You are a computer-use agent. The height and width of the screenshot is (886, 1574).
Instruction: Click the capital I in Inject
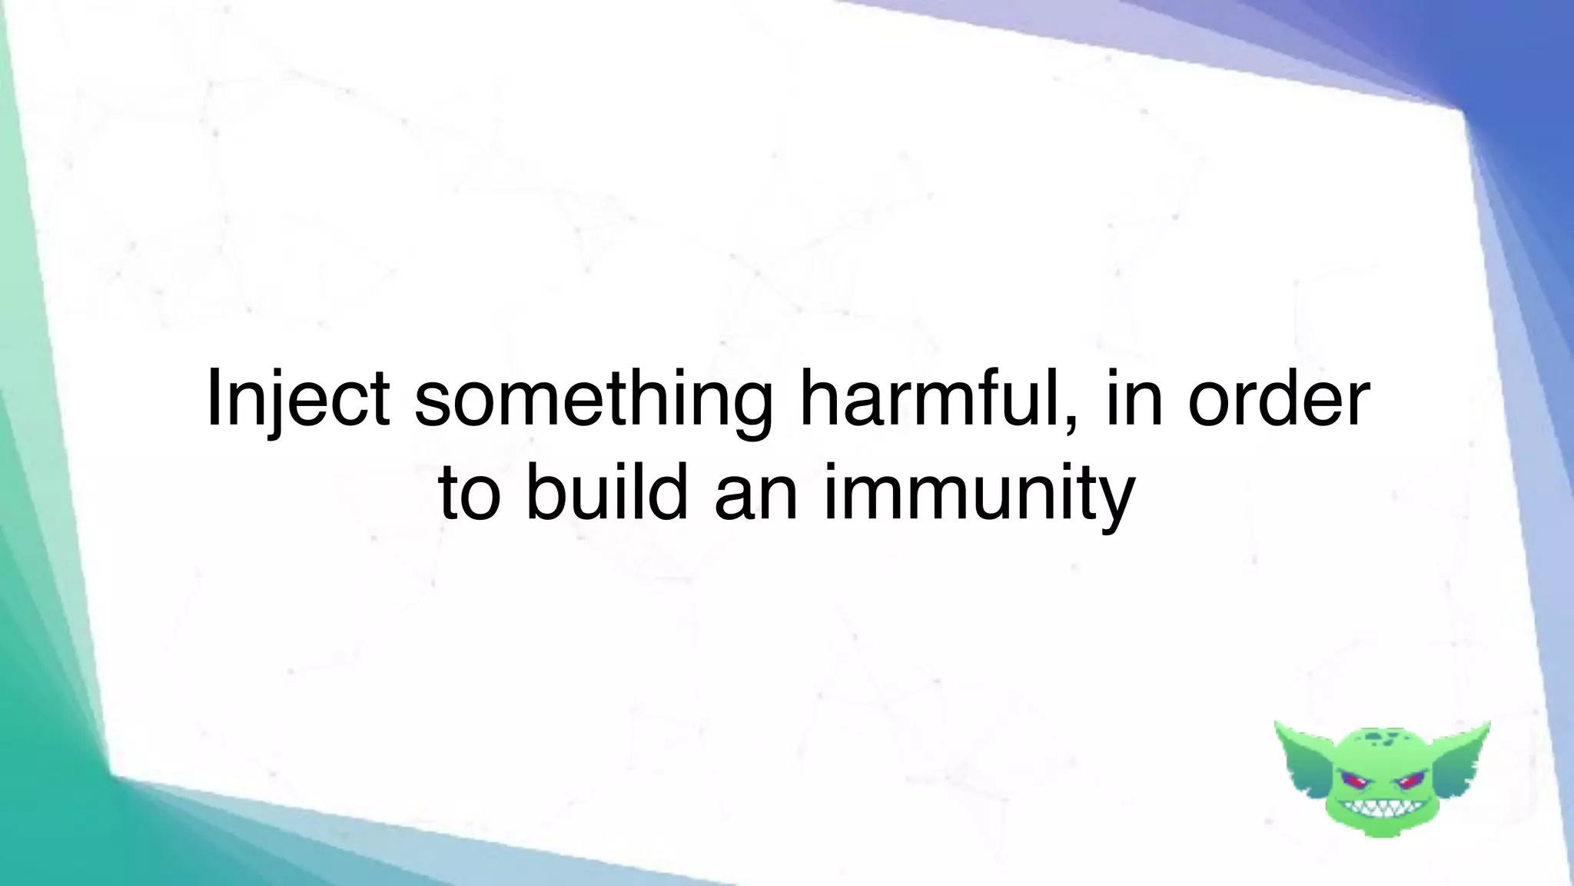pos(214,398)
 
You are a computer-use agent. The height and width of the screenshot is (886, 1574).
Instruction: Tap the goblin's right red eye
pos(1409,782)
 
